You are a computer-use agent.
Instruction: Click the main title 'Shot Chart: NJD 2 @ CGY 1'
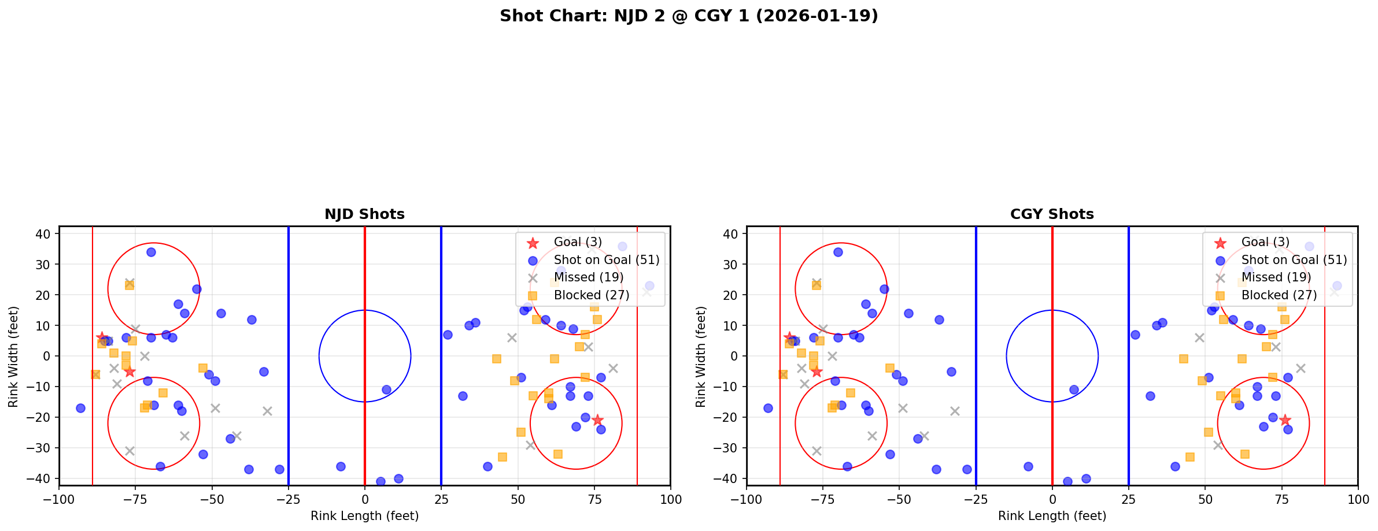point(689,16)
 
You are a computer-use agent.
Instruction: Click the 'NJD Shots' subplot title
point(364,214)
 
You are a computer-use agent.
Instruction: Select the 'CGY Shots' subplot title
point(1052,214)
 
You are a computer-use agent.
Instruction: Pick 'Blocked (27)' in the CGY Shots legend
point(1279,295)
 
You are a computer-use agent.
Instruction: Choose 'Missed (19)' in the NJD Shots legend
point(588,277)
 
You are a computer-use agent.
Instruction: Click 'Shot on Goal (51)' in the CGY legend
point(1294,260)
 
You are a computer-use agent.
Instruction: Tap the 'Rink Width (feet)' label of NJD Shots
point(13,357)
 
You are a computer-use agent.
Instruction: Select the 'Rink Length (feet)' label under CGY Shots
point(1052,516)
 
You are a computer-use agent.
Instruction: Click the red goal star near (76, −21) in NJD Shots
point(597,420)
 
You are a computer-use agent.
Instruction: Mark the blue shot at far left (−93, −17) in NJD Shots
point(80,408)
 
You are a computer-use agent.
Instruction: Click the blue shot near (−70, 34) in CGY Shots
point(838,252)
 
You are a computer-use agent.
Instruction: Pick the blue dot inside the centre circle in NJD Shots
point(386,389)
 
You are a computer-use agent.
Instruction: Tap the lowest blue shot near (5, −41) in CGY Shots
point(1067,481)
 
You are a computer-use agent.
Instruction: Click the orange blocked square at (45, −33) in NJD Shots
point(503,457)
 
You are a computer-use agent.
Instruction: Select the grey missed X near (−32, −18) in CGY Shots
point(955,411)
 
